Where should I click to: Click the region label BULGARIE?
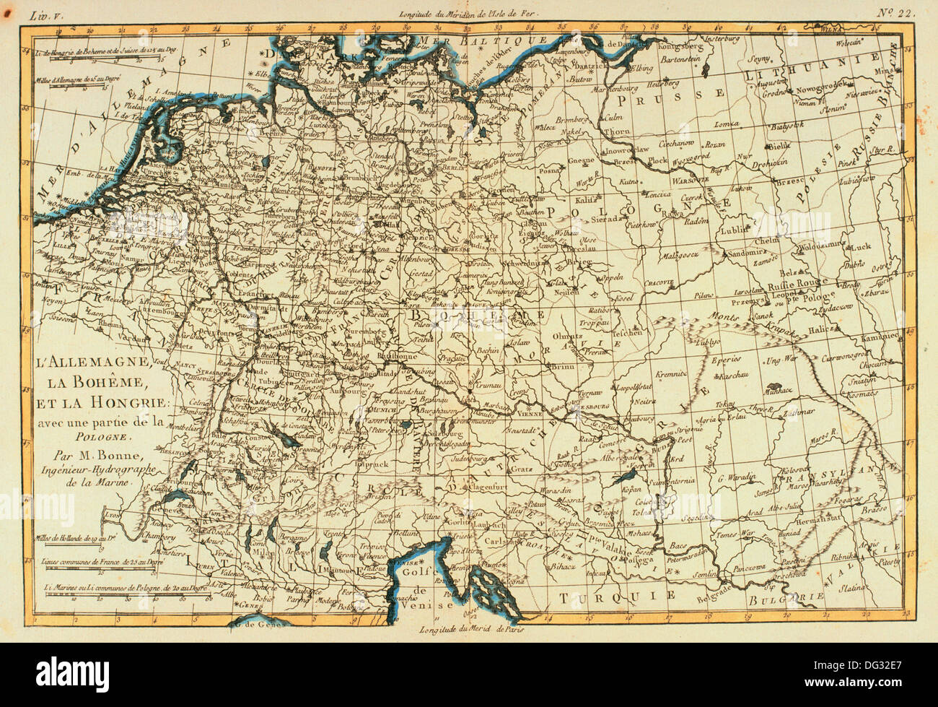point(793,597)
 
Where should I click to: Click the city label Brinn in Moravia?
point(558,367)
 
